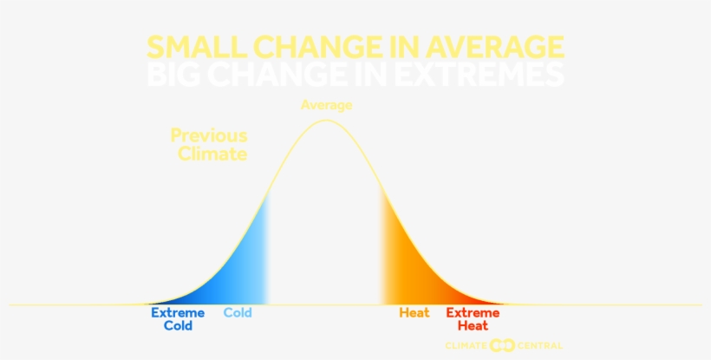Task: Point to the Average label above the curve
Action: (x=327, y=105)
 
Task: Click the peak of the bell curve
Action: (x=326, y=121)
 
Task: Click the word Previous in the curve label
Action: (x=209, y=136)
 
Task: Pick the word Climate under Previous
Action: (x=212, y=154)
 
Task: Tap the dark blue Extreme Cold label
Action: (x=178, y=319)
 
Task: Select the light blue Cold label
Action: (x=238, y=313)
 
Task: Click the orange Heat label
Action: (x=414, y=313)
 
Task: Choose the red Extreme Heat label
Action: (x=473, y=319)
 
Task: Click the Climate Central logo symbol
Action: (x=502, y=345)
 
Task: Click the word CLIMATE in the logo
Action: (x=466, y=345)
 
